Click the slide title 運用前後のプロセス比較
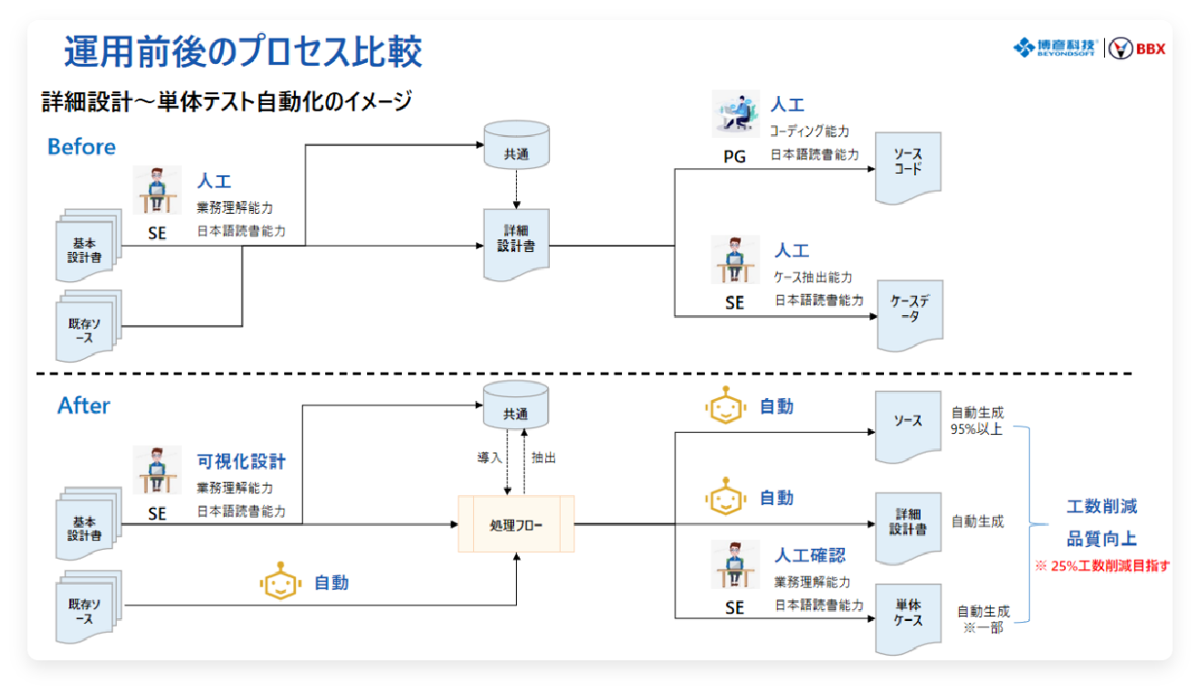[x=243, y=53]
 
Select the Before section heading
[x=81, y=146]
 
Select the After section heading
[x=83, y=405]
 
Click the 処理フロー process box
[x=516, y=523]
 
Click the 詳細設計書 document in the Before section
[x=516, y=243]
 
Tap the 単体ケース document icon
[x=907, y=618]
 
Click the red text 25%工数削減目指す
[x=1101, y=566]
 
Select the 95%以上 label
[x=976, y=429]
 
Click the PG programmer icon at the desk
[x=736, y=115]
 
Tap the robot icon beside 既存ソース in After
[x=280, y=581]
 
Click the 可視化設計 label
[x=241, y=461]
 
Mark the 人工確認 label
[x=810, y=555]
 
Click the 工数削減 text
[x=1101, y=506]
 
